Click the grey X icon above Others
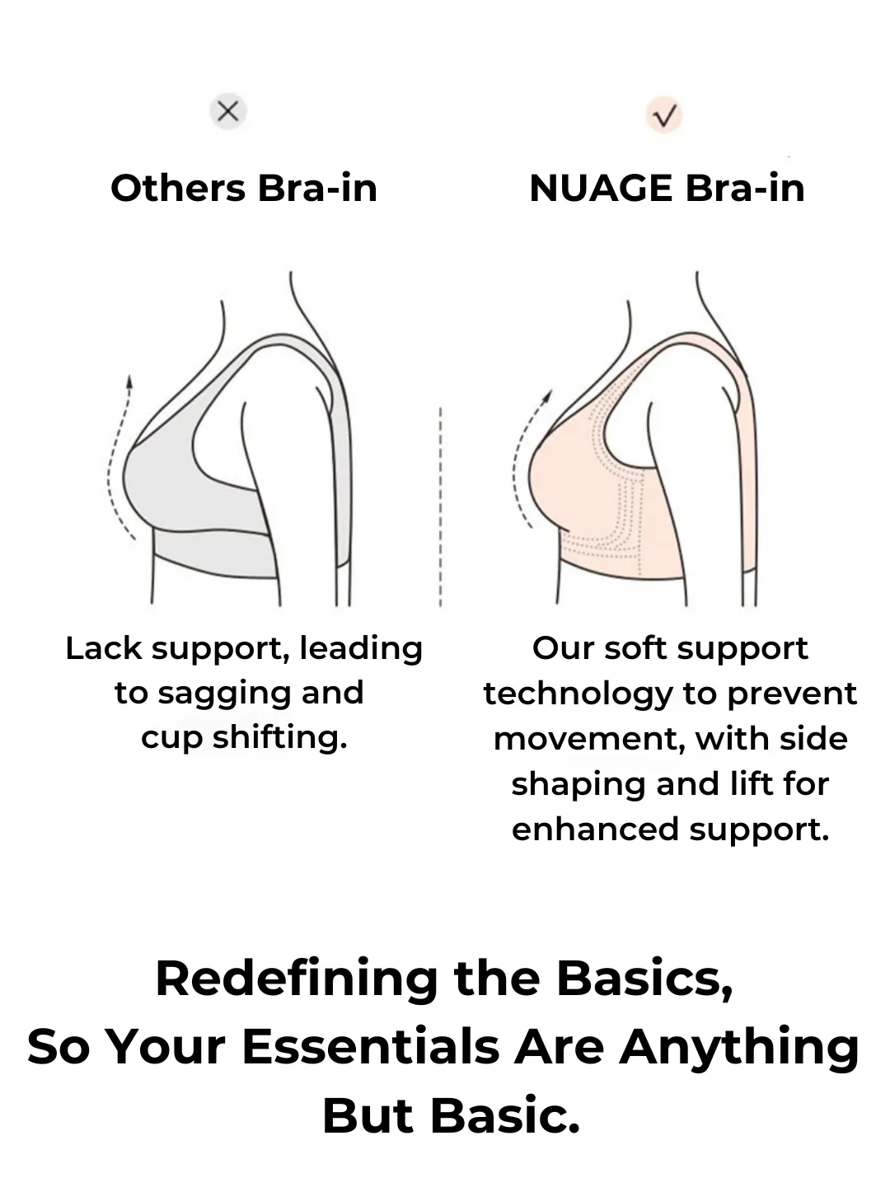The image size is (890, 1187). (228, 111)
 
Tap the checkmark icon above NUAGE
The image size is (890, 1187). (664, 115)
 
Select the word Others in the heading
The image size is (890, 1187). (178, 189)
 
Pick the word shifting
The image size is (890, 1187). (280, 737)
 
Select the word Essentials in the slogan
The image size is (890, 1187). (370, 1048)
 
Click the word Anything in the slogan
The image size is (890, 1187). (739, 1048)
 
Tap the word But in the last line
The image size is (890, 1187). (368, 1117)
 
